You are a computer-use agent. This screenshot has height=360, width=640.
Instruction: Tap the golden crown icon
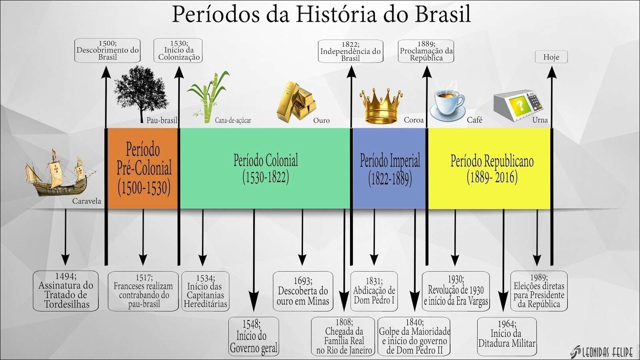coord(381,106)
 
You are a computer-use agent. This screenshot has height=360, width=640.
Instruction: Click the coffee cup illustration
coord(448,105)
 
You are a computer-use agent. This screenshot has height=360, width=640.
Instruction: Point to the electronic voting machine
coord(518,106)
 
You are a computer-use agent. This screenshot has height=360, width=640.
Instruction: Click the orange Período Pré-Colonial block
coord(143,168)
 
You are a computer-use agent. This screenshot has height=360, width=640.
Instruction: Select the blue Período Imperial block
coord(390,168)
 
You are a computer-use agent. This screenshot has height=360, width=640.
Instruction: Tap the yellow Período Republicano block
coord(489,168)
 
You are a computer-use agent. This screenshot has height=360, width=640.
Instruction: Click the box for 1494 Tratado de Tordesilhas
coord(66,291)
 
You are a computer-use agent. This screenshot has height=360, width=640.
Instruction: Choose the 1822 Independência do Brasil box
coord(350,51)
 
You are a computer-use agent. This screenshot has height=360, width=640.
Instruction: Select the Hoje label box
coord(552,57)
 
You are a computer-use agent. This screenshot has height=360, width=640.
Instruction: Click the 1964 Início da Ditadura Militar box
coord(507,336)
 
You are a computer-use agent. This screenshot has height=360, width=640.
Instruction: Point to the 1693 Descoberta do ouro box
coord(303,291)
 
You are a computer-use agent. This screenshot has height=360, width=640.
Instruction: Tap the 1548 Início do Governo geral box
coord(254,336)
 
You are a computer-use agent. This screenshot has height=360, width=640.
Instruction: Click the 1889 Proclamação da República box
coord(426,51)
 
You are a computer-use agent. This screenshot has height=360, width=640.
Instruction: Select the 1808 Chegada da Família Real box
coord(343,336)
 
